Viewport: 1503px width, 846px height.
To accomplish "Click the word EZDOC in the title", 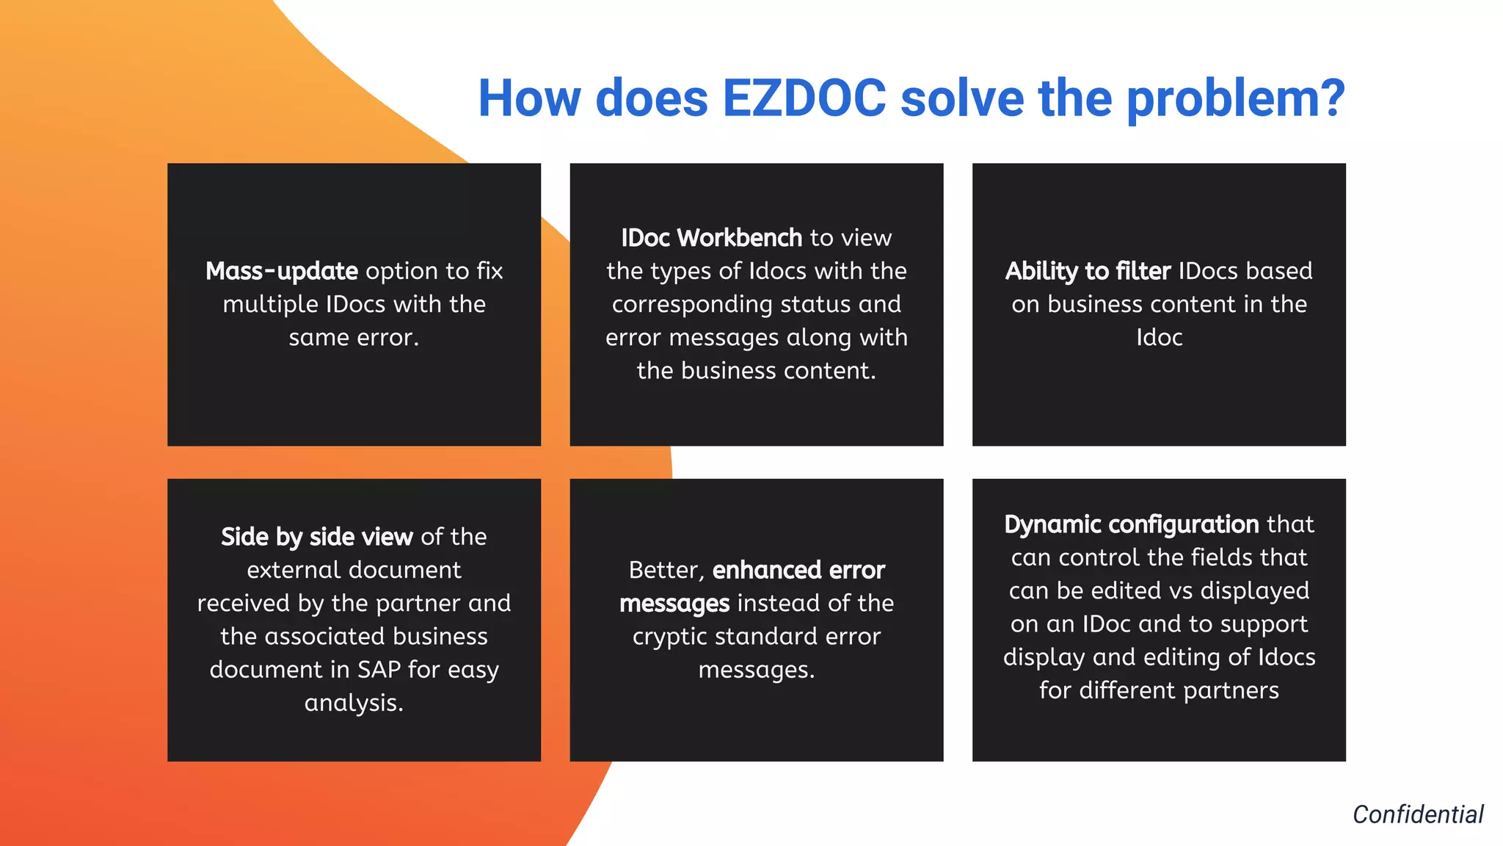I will (804, 98).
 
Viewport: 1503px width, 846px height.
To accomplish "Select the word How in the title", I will (531, 98).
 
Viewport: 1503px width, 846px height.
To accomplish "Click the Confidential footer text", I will (1418, 814).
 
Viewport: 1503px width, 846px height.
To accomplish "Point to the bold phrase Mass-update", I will (281, 271).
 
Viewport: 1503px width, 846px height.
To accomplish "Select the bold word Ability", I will (1041, 271).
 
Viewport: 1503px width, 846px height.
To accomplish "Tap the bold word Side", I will (245, 537).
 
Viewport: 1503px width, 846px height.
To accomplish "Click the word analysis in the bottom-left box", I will (354, 703).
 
